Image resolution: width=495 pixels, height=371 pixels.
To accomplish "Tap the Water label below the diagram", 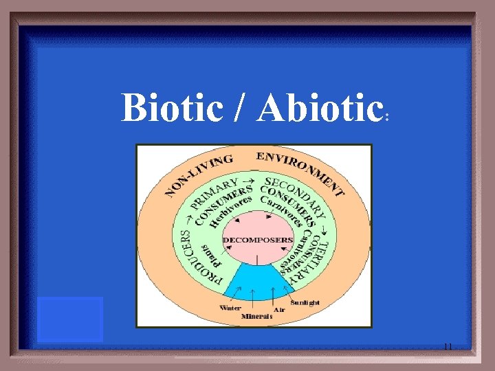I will click(x=230, y=308).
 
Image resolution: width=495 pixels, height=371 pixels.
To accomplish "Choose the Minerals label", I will click(x=252, y=317).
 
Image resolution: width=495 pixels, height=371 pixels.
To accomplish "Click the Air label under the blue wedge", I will click(x=279, y=310).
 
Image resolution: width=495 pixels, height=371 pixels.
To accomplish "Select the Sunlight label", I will click(x=305, y=302).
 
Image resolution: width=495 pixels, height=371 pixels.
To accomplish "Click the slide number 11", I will click(x=448, y=346).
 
